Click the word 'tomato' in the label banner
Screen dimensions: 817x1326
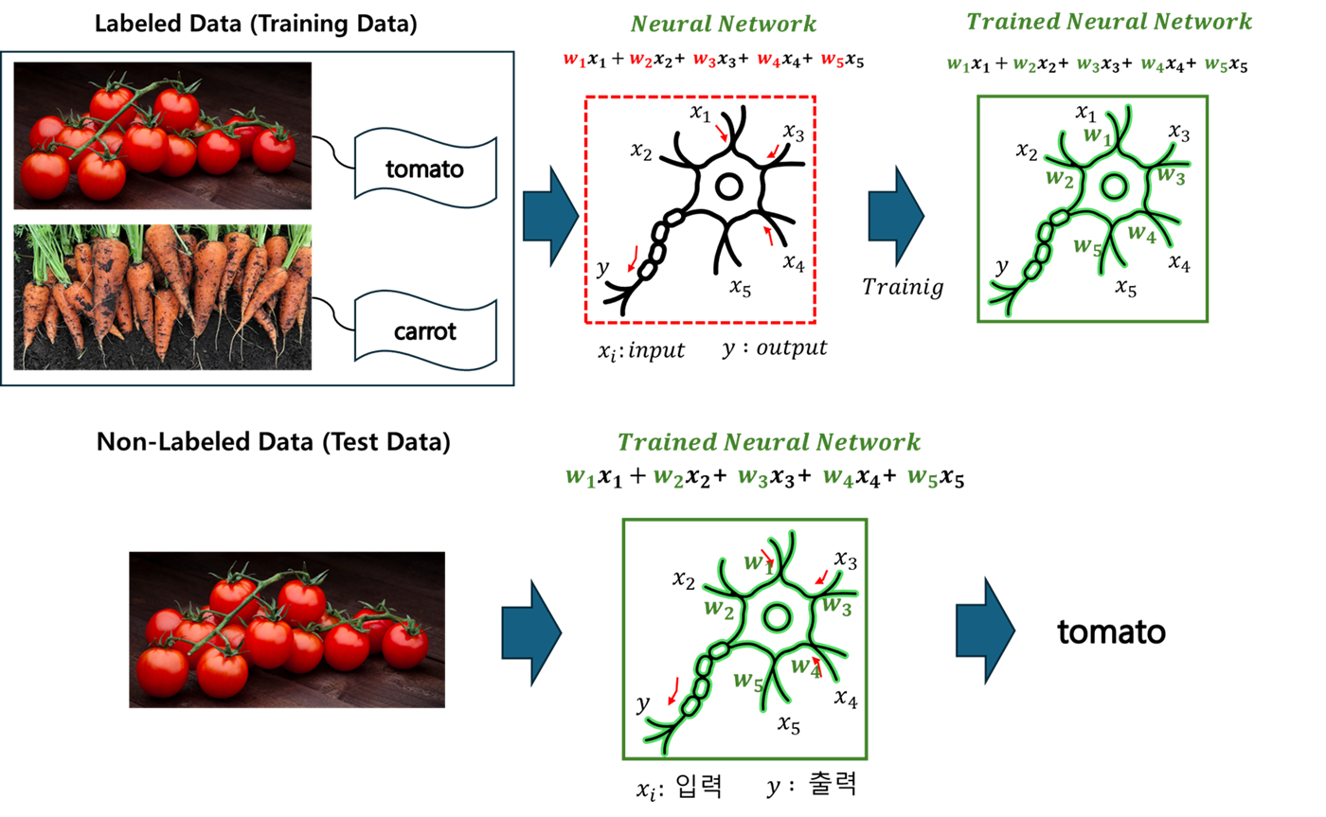pyautogui.click(x=424, y=170)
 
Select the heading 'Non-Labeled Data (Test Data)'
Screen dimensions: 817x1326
pyautogui.click(x=274, y=441)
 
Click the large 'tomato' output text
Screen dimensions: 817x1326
pyautogui.click(x=1110, y=632)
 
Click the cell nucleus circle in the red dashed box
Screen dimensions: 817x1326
pyautogui.click(x=728, y=186)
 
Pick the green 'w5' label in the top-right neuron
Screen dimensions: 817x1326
pyautogui.click(x=1087, y=247)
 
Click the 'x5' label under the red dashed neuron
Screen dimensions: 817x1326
pyautogui.click(x=741, y=288)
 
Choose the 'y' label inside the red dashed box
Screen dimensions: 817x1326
pyautogui.click(x=601, y=268)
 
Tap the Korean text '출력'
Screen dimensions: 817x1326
pyautogui.click(x=833, y=786)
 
